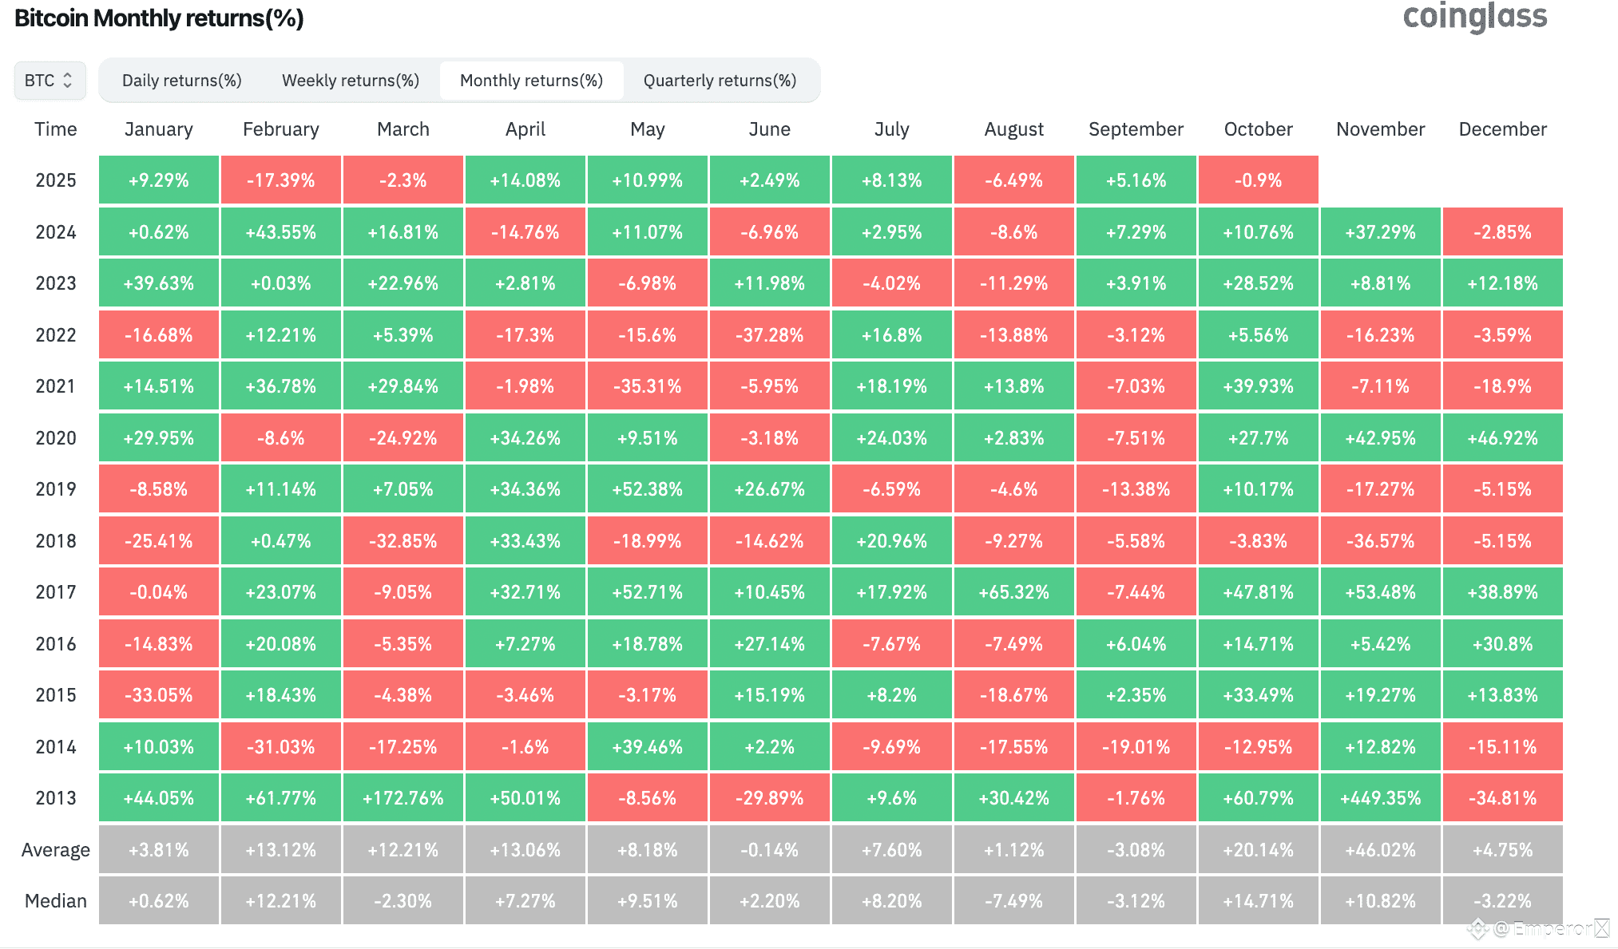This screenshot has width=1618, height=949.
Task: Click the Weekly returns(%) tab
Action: pos(351,81)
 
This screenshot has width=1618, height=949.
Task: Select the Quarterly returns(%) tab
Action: pos(720,81)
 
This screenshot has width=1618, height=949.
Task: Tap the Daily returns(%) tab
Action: pos(182,81)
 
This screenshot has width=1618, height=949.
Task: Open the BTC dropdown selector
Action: pos(50,81)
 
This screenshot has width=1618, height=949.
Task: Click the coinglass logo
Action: pos(1475,16)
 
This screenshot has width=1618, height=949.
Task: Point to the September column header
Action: pos(1136,129)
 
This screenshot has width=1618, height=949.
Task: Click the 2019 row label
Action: pos(56,489)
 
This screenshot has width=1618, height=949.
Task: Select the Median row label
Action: pos(56,901)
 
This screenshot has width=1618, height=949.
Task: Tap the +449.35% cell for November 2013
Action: pos(1380,798)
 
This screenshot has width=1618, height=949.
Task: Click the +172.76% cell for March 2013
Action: pos(403,798)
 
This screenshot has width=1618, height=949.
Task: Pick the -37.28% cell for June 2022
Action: pos(769,335)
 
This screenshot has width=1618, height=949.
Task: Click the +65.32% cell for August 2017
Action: pos(1013,592)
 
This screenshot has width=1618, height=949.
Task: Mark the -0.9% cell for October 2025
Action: pos(1258,180)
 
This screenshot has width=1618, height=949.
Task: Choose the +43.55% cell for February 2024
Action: pos(280,232)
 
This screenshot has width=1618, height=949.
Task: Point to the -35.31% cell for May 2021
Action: pos(647,386)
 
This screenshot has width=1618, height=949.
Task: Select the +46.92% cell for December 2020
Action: pos(1502,438)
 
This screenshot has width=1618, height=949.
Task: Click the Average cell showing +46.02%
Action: pos(1380,850)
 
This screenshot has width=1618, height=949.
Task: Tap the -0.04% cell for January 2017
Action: pos(158,592)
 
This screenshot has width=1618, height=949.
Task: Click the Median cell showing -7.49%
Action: pos(1013,901)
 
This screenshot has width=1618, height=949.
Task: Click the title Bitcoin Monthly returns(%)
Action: pos(159,18)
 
